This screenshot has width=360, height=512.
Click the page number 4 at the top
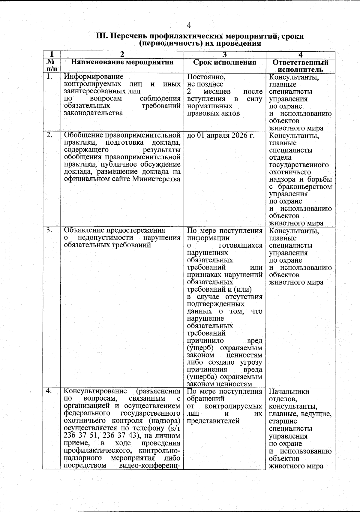pyautogui.click(x=188, y=25)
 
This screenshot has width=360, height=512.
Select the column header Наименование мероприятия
pyautogui.click(x=122, y=62)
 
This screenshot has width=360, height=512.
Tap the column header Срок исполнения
pyautogui.click(x=225, y=62)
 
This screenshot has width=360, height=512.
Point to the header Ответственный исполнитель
pyautogui.click(x=300, y=66)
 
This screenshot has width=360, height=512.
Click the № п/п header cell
pyautogui.click(x=51, y=65)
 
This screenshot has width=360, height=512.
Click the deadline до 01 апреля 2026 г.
pyautogui.click(x=220, y=136)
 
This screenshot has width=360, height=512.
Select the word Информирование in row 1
pyautogui.click(x=94, y=77)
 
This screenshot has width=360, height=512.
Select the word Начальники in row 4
pyautogui.click(x=289, y=392)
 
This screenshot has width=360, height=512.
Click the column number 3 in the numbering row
pyautogui.click(x=225, y=55)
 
